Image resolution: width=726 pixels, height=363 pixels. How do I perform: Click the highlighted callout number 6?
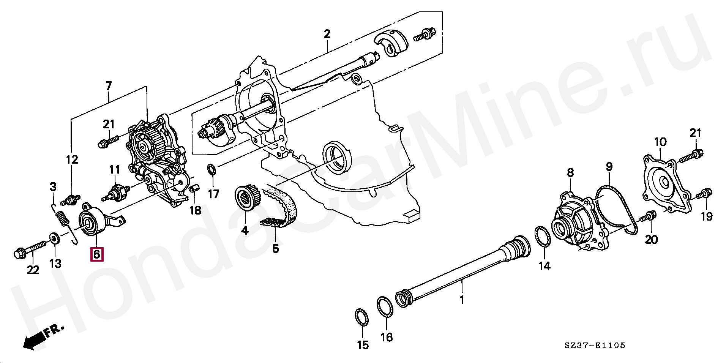coord(96,254)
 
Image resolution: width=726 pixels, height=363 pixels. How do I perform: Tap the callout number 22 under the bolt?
coord(33,270)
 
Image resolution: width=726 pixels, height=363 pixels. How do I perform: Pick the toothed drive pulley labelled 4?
coord(247,197)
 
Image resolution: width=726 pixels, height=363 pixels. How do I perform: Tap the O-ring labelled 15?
coord(361,317)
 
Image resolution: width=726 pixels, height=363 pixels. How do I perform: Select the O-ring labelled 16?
coord(385,306)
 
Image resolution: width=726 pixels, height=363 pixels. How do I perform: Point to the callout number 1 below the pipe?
coord(462,300)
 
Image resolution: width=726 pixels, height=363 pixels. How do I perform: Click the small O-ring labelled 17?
coord(211,169)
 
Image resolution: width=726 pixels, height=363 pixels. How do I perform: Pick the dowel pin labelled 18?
coord(194,188)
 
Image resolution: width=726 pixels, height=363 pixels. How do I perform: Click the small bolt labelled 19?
coord(704,194)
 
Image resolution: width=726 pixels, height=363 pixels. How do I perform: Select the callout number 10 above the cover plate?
coord(660,142)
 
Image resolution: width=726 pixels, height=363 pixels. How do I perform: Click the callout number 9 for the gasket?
coord(609,167)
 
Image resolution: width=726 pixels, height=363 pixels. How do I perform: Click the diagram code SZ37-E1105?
coord(594,346)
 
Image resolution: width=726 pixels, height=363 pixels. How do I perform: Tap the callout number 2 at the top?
coord(327,34)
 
